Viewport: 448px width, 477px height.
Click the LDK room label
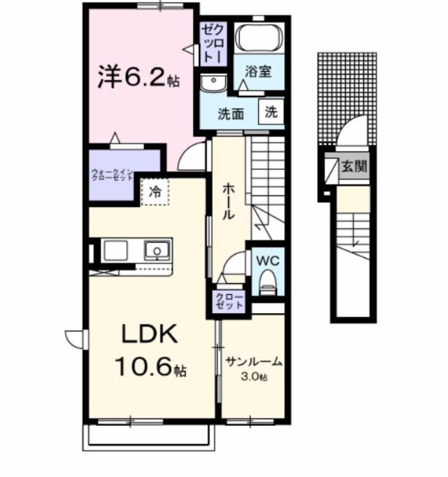click(149, 335)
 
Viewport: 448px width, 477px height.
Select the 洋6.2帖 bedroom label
click(138, 77)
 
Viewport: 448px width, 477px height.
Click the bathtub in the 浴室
click(258, 38)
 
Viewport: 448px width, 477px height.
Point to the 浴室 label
click(258, 72)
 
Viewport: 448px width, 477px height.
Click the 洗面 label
click(230, 114)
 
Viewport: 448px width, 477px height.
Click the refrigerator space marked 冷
click(155, 192)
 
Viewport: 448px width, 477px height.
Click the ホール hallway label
click(229, 202)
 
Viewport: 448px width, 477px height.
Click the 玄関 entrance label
click(353, 167)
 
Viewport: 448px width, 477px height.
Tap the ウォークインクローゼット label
click(112, 175)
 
